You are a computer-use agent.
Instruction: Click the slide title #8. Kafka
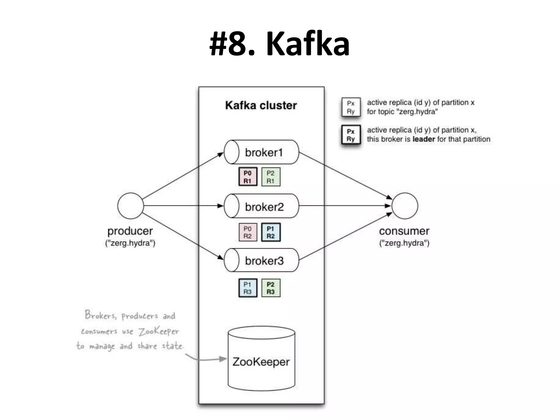[x=279, y=44]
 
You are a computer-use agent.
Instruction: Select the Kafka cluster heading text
[x=261, y=106]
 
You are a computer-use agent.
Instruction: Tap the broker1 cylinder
[x=261, y=152]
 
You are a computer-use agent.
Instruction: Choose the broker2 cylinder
[x=261, y=206]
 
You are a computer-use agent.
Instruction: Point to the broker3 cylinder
[x=261, y=260]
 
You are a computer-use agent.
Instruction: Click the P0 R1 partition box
[x=248, y=177]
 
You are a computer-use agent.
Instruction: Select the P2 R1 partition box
[x=271, y=177]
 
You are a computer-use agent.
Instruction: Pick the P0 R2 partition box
[x=248, y=232]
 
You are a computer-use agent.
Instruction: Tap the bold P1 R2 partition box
[x=271, y=232]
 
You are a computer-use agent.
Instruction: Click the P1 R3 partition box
[x=248, y=288]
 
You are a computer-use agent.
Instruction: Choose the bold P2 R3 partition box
[x=271, y=288]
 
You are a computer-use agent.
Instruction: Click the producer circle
[x=130, y=206]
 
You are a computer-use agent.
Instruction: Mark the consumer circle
[x=405, y=206]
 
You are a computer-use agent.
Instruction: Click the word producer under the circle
[x=130, y=231]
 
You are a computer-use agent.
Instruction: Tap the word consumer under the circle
[x=404, y=231]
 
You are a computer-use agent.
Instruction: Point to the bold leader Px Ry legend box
[x=351, y=135]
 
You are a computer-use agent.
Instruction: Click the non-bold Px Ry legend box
[x=351, y=107]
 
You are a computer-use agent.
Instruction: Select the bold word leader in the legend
[x=424, y=139]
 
